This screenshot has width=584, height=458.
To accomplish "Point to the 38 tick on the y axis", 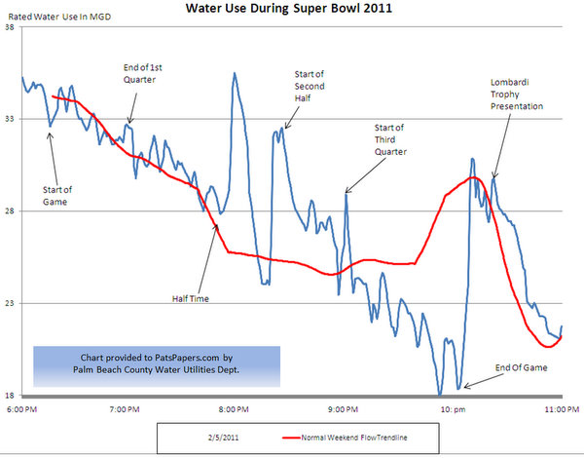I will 9,27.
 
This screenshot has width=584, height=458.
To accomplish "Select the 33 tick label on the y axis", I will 9,119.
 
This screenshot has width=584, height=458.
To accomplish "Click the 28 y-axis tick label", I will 9,211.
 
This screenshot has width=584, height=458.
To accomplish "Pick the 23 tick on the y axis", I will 9,303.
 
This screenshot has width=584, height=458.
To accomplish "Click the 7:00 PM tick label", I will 128,409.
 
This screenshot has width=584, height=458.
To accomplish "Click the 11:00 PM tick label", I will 559,409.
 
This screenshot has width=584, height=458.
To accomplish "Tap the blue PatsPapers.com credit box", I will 156,363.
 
